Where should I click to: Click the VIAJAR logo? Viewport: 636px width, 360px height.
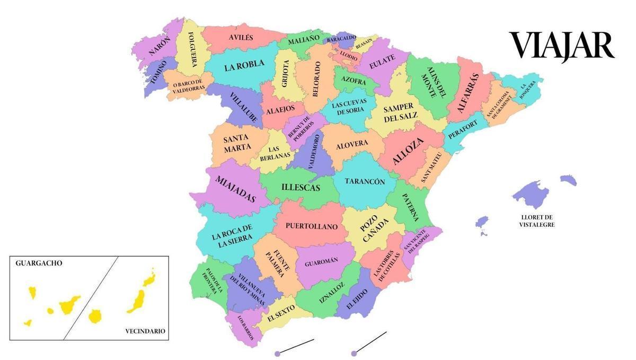[x=562, y=46]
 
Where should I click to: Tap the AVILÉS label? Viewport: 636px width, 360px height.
[x=241, y=38]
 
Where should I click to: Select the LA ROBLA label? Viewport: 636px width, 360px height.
[x=244, y=66]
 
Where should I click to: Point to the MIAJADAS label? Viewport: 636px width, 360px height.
[x=235, y=189]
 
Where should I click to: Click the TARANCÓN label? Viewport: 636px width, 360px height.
[x=365, y=181]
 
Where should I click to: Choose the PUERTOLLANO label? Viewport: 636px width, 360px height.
[x=311, y=226]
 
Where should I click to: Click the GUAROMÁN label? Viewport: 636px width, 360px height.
[x=321, y=262]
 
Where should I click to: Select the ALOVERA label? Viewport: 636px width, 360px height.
[x=352, y=144]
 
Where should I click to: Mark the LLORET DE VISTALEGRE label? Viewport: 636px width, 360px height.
[x=537, y=221]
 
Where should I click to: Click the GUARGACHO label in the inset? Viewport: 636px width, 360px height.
[x=39, y=263]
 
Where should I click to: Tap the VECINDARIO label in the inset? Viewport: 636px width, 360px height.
[x=145, y=331]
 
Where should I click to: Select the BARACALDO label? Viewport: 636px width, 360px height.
[x=341, y=39]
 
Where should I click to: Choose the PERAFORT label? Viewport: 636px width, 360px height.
[x=463, y=129]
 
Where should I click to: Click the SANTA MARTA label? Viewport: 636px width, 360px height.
[x=236, y=143]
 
